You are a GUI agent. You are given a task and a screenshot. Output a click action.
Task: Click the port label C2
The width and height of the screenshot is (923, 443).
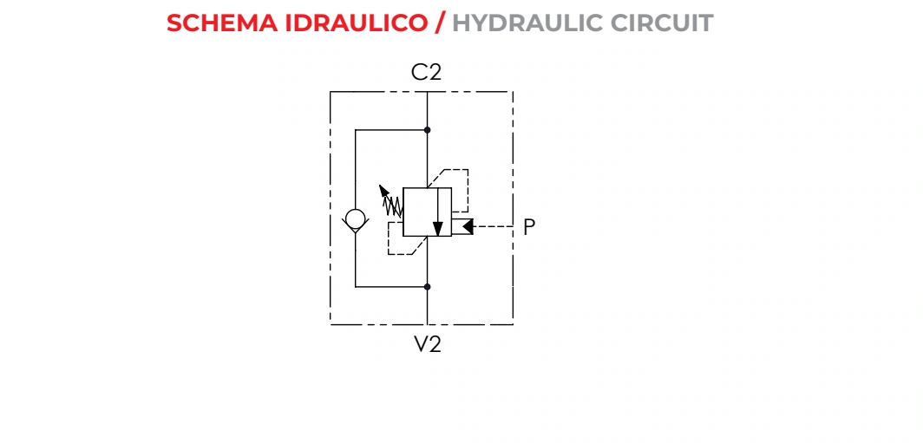pyautogui.click(x=426, y=72)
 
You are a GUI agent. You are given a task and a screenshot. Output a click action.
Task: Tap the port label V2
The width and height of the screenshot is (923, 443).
pyautogui.click(x=428, y=344)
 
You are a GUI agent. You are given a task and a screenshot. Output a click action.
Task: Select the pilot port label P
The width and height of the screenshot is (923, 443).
pyautogui.click(x=529, y=227)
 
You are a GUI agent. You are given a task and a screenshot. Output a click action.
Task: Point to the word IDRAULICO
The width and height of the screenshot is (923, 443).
pyautogui.click(x=357, y=23)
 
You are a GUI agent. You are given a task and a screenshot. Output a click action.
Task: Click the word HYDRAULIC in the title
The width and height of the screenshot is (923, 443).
pyautogui.click(x=527, y=23)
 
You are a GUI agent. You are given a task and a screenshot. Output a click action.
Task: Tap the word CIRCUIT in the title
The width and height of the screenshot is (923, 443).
pyautogui.click(x=662, y=23)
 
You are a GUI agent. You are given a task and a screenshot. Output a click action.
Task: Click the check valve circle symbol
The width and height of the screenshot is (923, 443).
pyautogui.click(x=356, y=219)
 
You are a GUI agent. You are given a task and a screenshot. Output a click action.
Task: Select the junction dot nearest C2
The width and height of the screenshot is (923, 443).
pyautogui.click(x=428, y=130)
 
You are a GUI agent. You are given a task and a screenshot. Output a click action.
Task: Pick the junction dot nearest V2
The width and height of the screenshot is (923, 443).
pyautogui.click(x=428, y=287)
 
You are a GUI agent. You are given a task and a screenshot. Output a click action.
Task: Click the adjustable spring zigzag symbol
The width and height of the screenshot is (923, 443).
pyautogui.click(x=393, y=206)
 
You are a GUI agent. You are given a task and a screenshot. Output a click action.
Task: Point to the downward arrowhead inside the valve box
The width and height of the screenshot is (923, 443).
pyautogui.click(x=437, y=229)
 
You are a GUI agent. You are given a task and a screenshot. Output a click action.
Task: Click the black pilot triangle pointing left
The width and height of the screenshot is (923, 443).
pyautogui.click(x=468, y=226)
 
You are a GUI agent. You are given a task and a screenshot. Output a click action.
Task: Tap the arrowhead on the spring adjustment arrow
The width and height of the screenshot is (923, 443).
pyautogui.click(x=383, y=190)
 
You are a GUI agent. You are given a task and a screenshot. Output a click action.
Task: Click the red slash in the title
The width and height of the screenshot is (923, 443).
pyautogui.click(x=440, y=23)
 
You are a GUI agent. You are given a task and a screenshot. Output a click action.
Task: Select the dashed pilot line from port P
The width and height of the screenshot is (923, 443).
pyautogui.click(x=494, y=226)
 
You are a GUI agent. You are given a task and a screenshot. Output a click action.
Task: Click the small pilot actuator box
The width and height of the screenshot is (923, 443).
pyautogui.click(x=462, y=226)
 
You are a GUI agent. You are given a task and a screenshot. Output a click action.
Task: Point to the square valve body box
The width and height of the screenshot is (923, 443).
pyautogui.click(x=428, y=212)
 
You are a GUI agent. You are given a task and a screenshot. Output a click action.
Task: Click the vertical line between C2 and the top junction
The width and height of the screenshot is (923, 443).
pyautogui.click(x=428, y=111)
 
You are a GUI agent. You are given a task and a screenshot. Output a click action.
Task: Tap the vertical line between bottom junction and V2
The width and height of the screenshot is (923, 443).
pyautogui.click(x=428, y=306)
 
